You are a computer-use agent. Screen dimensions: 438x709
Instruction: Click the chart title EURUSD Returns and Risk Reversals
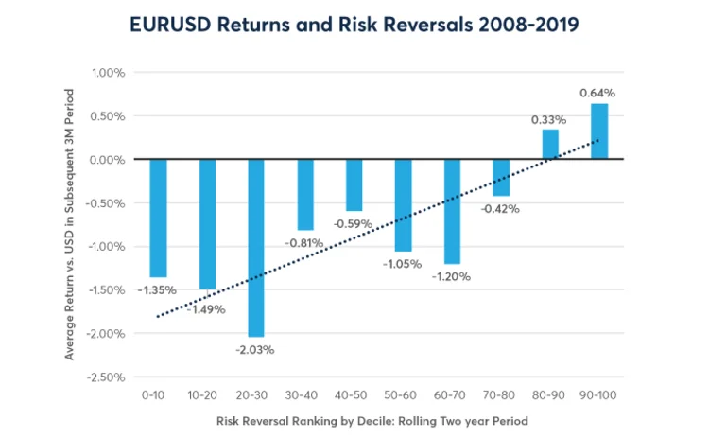click(354, 24)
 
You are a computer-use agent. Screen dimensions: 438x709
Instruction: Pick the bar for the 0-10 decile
click(158, 217)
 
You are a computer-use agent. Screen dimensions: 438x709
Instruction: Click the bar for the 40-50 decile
click(354, 184)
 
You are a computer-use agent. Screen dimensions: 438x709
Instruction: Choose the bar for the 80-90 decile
click(550, 145)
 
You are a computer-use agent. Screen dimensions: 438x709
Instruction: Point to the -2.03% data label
click(256, 350)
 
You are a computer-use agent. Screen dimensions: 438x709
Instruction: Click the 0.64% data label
click(597, 93)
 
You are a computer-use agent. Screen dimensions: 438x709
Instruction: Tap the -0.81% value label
click(304, 242)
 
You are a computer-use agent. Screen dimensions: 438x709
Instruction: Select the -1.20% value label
click(451, 277)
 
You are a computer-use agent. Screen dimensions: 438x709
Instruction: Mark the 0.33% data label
click(548, 120)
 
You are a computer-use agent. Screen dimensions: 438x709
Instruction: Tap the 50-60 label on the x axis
click(403, 392)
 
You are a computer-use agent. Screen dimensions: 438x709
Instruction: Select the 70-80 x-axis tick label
click(501, 392)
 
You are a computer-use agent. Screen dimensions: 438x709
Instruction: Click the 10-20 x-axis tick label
click(207, 392)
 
